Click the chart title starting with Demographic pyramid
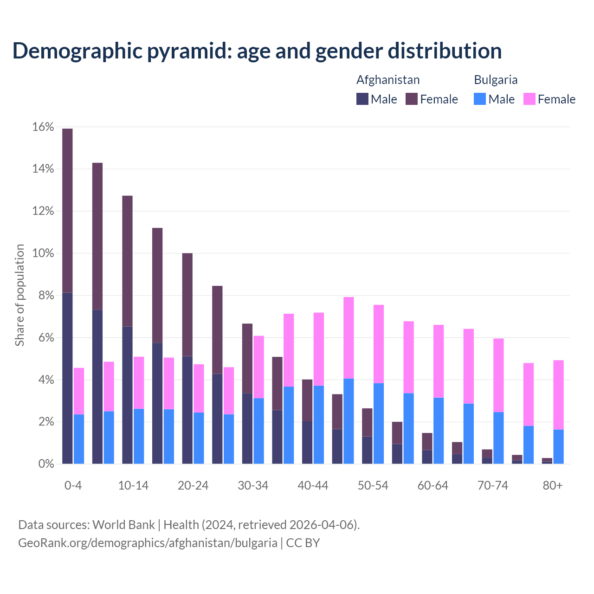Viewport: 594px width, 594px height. (x=257, y=51)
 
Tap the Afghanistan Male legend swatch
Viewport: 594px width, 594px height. (x=362, y=99)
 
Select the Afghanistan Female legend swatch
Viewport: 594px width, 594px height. (x=412, y=99)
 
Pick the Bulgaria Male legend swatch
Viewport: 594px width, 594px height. (x=480, y=99)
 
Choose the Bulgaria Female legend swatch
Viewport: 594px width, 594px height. (x=529, y=99)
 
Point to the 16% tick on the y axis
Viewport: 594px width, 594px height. (x=43, y=127)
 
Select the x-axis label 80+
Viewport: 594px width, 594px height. (x=553, y=485)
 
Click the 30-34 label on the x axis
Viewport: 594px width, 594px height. (x=253, y=485)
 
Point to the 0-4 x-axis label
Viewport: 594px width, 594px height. (x=73, y=485)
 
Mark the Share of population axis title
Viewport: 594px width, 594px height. (x=19, y=295)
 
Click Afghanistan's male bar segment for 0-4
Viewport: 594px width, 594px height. (x=67, y=378)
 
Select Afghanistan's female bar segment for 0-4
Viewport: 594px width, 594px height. (x=67, y=211)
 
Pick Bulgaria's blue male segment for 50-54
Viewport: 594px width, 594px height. (x=379, y=423)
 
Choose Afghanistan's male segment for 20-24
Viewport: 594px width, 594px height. (x=187, y=410)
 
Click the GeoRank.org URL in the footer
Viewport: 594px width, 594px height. (x=148, y=542)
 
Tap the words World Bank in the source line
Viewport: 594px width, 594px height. (x=123, y=525)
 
